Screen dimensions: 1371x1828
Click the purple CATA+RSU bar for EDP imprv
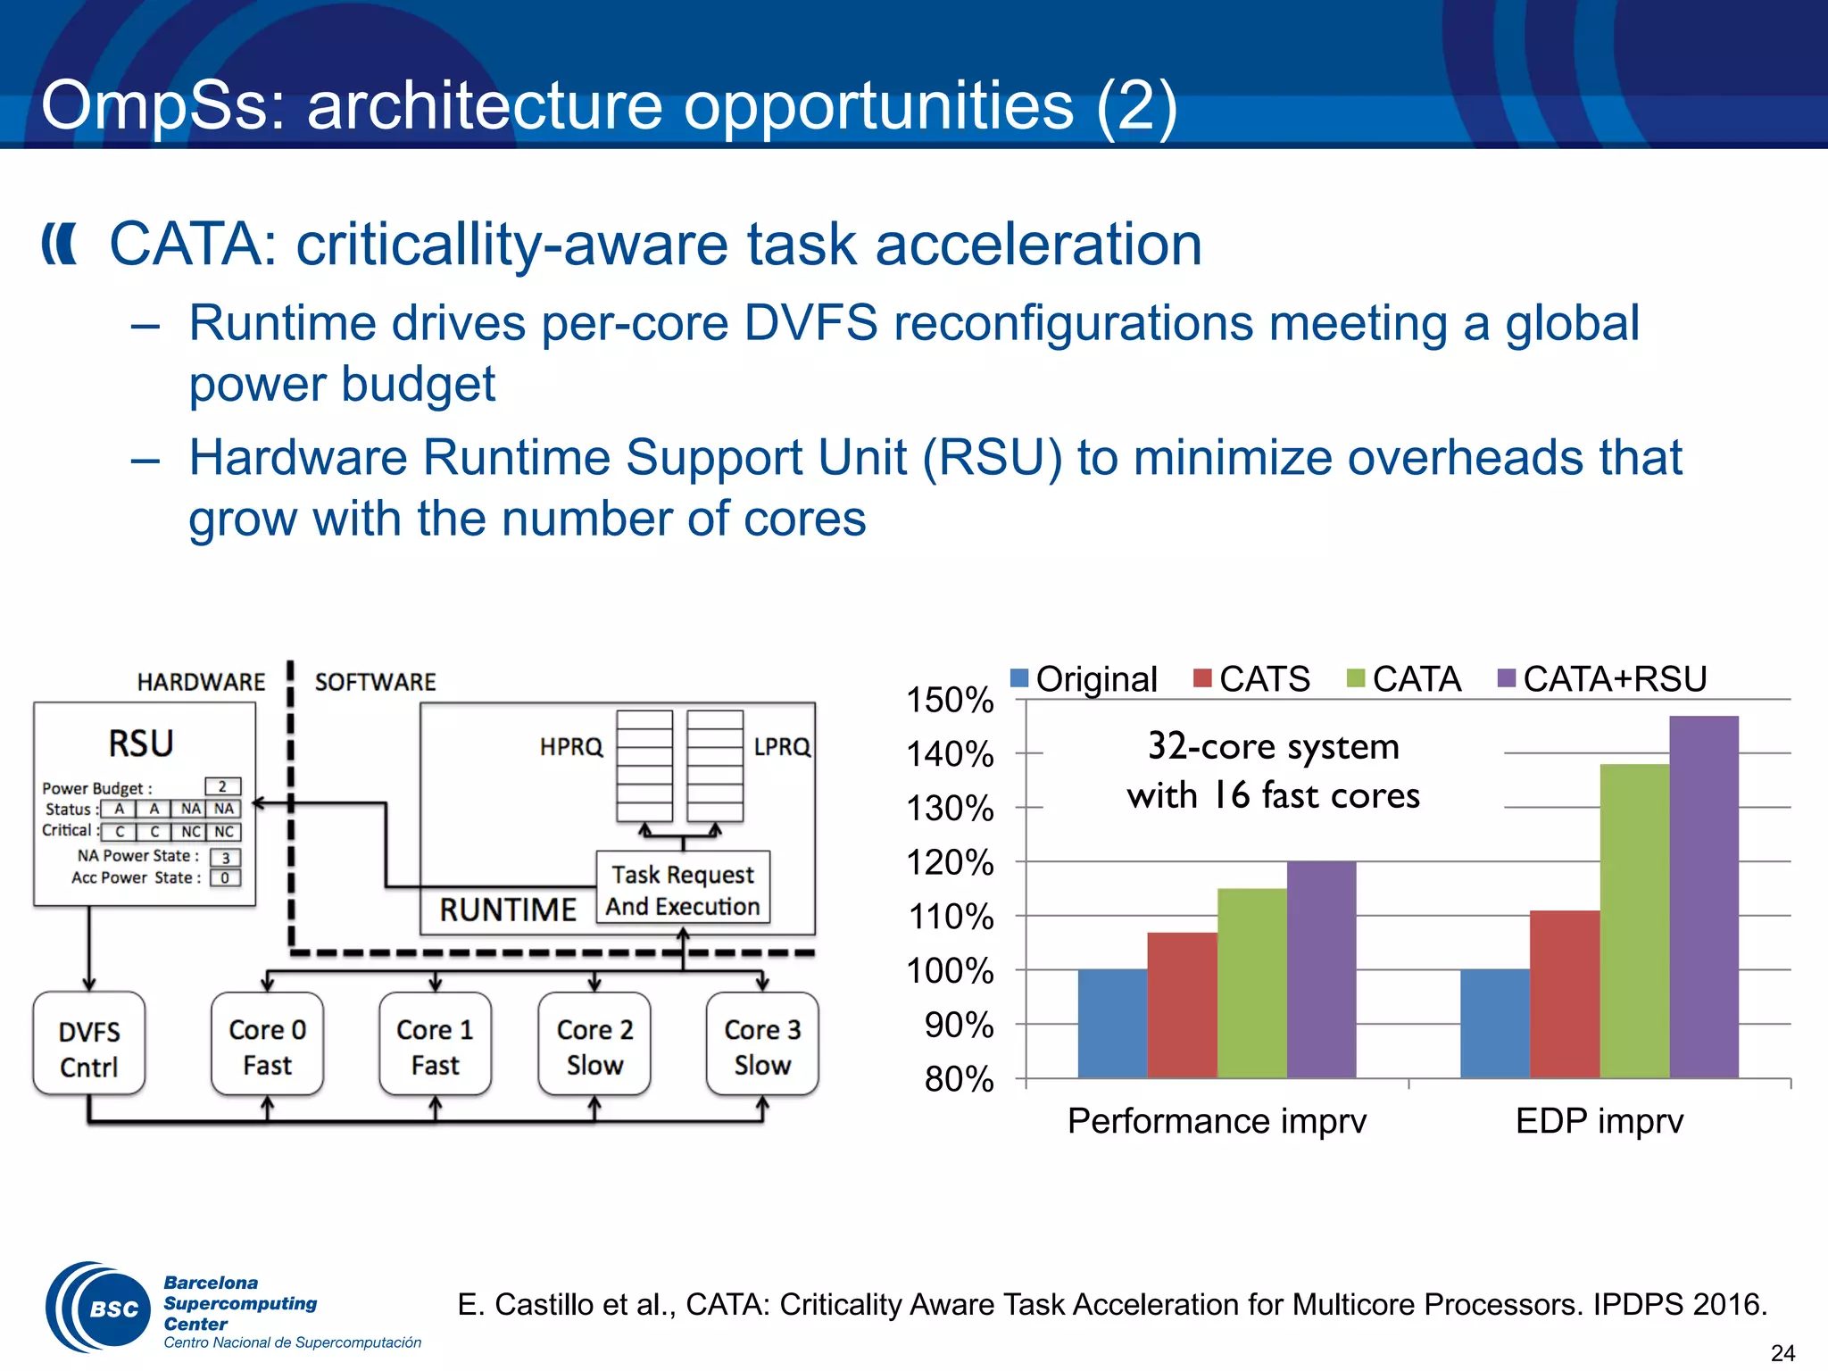pos(1703,896)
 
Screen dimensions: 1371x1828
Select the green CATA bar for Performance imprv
pos(1251,982)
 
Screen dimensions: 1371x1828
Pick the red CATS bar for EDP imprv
pos(1564,993)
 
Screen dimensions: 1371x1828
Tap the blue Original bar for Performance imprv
pos(1112,1023)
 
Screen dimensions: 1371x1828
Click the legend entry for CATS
pos(1252,679)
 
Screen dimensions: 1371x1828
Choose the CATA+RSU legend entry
pos(1602,679)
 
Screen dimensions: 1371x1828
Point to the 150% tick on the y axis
pos(950,700)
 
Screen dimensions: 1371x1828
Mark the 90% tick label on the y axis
pos(959,1025)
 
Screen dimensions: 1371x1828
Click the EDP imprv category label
pos(1599,1120)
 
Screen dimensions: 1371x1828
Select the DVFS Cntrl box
pos(88,1044)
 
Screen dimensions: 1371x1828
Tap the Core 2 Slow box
pos(594,1044)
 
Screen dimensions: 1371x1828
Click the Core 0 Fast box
pos(267,1044)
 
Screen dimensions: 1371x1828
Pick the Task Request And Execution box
pos(683,889)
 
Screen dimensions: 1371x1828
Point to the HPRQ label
pos(571,746)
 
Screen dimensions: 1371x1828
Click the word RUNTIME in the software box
pos(508,910)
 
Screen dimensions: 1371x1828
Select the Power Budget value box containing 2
pos(222,786)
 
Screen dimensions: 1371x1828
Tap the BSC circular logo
pos(98,1308)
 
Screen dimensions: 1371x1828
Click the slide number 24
pos(1782,1353)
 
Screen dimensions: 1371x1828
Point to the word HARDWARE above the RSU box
pos(201,682)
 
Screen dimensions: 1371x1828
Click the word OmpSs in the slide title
pos(161,105)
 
